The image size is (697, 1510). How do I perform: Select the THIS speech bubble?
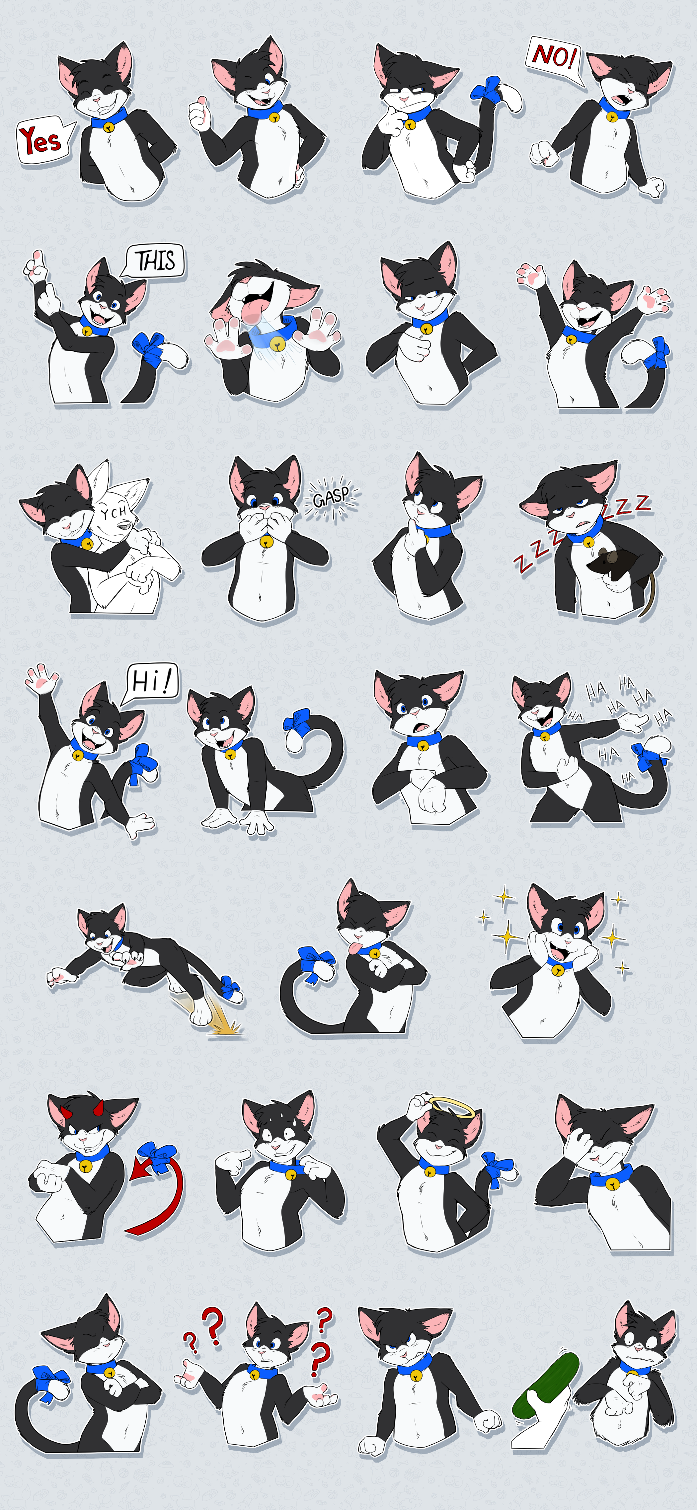154,261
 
